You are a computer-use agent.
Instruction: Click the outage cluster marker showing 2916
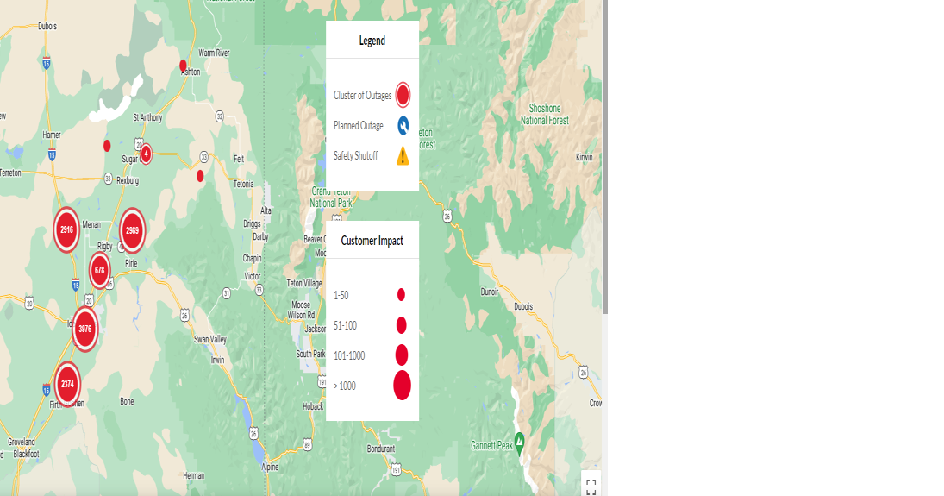pyautogui.click(x=67, y=229)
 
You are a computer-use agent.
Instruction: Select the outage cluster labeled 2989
pyautogui.click(x=132, y=230)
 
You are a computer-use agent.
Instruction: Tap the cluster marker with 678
pyautogui.click(x=100, y=270)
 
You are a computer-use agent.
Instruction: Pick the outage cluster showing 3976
pyautogui.click(x=84, y=329)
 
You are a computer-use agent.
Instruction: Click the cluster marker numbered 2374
pyautogui.click(x=67, y=384)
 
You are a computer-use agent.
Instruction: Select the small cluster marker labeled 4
pyautogui.click(x=146, y=154)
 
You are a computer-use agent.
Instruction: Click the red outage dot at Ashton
pyautogui.click(x=183, y=65)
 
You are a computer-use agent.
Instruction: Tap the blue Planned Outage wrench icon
pyautogui.click(x=403, y=126)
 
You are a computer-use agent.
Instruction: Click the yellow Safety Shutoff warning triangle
pyautogui.click(x=403, y=156)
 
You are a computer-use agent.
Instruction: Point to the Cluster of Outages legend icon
pyautogui.click(x=403, y=95)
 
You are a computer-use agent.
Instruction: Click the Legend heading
pyautogui.click(x=372, y=41)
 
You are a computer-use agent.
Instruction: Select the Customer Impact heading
pyautogui.click(x=372, y=241)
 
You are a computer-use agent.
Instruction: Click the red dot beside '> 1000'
pyautogui.click(x=402, y=386)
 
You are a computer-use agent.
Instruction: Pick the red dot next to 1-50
pyautogui.click(x=401, y=295)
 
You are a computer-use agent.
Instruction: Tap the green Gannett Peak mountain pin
pyautogui.click(x=519, y=438)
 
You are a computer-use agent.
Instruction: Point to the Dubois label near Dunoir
pyautogui.click(x=522, y=306)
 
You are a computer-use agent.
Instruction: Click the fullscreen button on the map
pyautogui.click(x=591, y=485)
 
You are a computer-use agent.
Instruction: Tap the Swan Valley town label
pyautogui.click(x=209, y=339)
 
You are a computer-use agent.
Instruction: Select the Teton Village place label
pyautogui.click(x=304, y=283)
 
